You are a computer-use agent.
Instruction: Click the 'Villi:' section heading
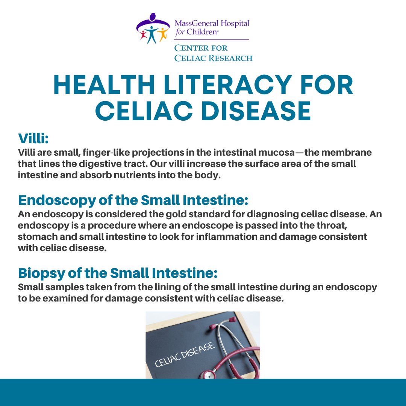pos(34,138)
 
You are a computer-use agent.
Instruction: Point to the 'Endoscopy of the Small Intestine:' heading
pos(133,200)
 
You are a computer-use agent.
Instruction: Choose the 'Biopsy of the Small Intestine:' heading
pos(118,273)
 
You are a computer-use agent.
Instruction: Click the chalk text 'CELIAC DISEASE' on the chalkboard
pos(185,354)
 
